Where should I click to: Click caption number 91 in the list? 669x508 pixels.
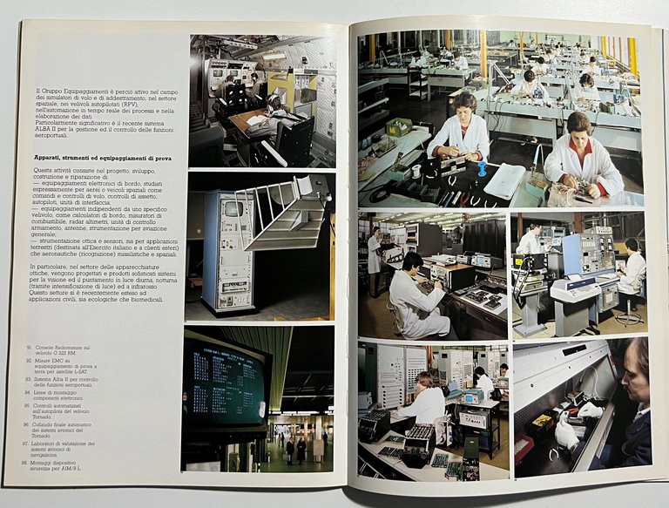[x=29, y=346]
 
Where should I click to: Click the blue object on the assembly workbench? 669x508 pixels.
[x=481, y=167]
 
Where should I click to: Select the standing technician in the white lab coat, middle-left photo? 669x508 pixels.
[x=374, y=253]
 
